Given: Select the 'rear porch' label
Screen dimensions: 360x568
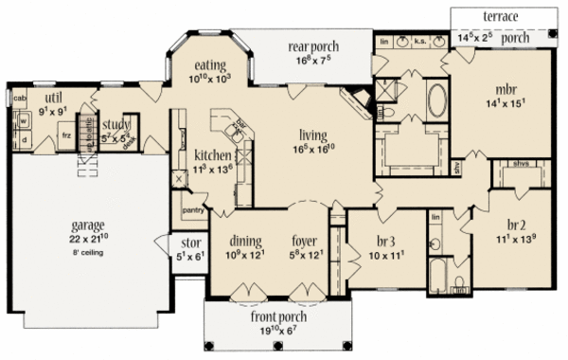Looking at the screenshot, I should [313, 46].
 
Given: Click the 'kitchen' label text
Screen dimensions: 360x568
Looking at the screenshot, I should [208, 154].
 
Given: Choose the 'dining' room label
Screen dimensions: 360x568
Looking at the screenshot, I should [245, 241].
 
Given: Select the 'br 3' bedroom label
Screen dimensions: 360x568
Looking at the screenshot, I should [376, 240].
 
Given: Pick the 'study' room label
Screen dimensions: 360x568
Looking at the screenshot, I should [117, 123].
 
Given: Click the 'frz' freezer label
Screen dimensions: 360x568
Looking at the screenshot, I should [65, 135].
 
